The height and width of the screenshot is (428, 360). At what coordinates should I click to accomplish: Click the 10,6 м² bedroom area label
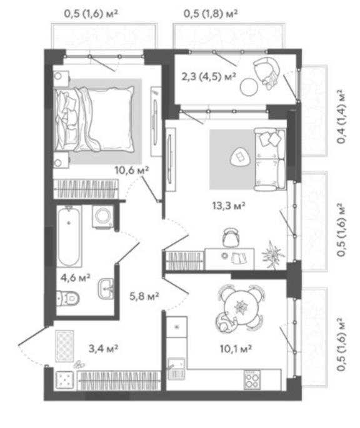[x=132, y=171]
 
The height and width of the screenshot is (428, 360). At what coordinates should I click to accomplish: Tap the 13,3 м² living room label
[x=229, y=206]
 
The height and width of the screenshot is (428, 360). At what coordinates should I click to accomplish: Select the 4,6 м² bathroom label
[x=76, y=278]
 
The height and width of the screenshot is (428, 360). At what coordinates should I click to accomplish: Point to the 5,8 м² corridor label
[x=144, y=296]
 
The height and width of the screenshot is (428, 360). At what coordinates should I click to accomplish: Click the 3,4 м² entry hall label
[x=103, y=348]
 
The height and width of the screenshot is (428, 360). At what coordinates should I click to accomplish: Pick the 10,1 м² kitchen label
[x=236, y=349]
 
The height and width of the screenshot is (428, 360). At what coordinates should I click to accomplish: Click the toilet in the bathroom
[x=67, y=298]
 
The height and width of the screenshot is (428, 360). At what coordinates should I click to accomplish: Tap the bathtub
[x=69, y=236]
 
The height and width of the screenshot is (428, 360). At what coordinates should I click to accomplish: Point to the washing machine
[x=102, y=216]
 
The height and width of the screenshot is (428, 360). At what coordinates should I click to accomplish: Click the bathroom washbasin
[x=106, y=289]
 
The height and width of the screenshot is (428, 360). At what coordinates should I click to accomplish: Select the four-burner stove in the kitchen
[x=252, y=379]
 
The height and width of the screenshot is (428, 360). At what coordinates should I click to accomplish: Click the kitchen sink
[x=176, y=369]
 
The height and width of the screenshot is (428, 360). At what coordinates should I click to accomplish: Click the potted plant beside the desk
[x=272, y=255]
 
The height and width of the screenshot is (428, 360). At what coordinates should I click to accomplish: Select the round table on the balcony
[x=249, y=87]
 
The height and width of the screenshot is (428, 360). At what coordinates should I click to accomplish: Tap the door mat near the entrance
[x=64, y=346]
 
